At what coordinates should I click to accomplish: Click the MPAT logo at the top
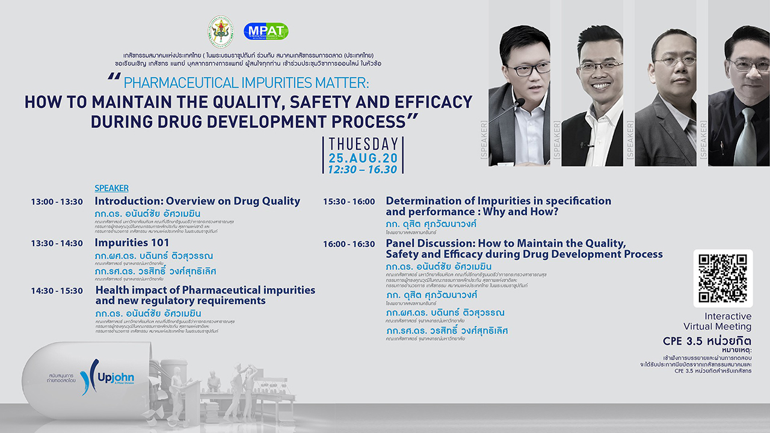[266, 31]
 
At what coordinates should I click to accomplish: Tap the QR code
[722, 278]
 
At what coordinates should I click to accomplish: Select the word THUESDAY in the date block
[363, 144]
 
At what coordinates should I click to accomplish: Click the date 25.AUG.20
[363, 158]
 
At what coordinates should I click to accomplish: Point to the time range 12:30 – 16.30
[363, 170]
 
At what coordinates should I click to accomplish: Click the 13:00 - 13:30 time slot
[57, 202]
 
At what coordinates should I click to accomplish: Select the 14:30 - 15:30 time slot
[57, 290]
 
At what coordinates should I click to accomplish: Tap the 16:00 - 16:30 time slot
[349, 244]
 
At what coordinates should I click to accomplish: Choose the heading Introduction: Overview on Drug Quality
[197, 201]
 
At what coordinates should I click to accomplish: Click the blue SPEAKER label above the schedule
[111, 188]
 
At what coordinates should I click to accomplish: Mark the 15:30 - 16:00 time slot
[349, 201]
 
